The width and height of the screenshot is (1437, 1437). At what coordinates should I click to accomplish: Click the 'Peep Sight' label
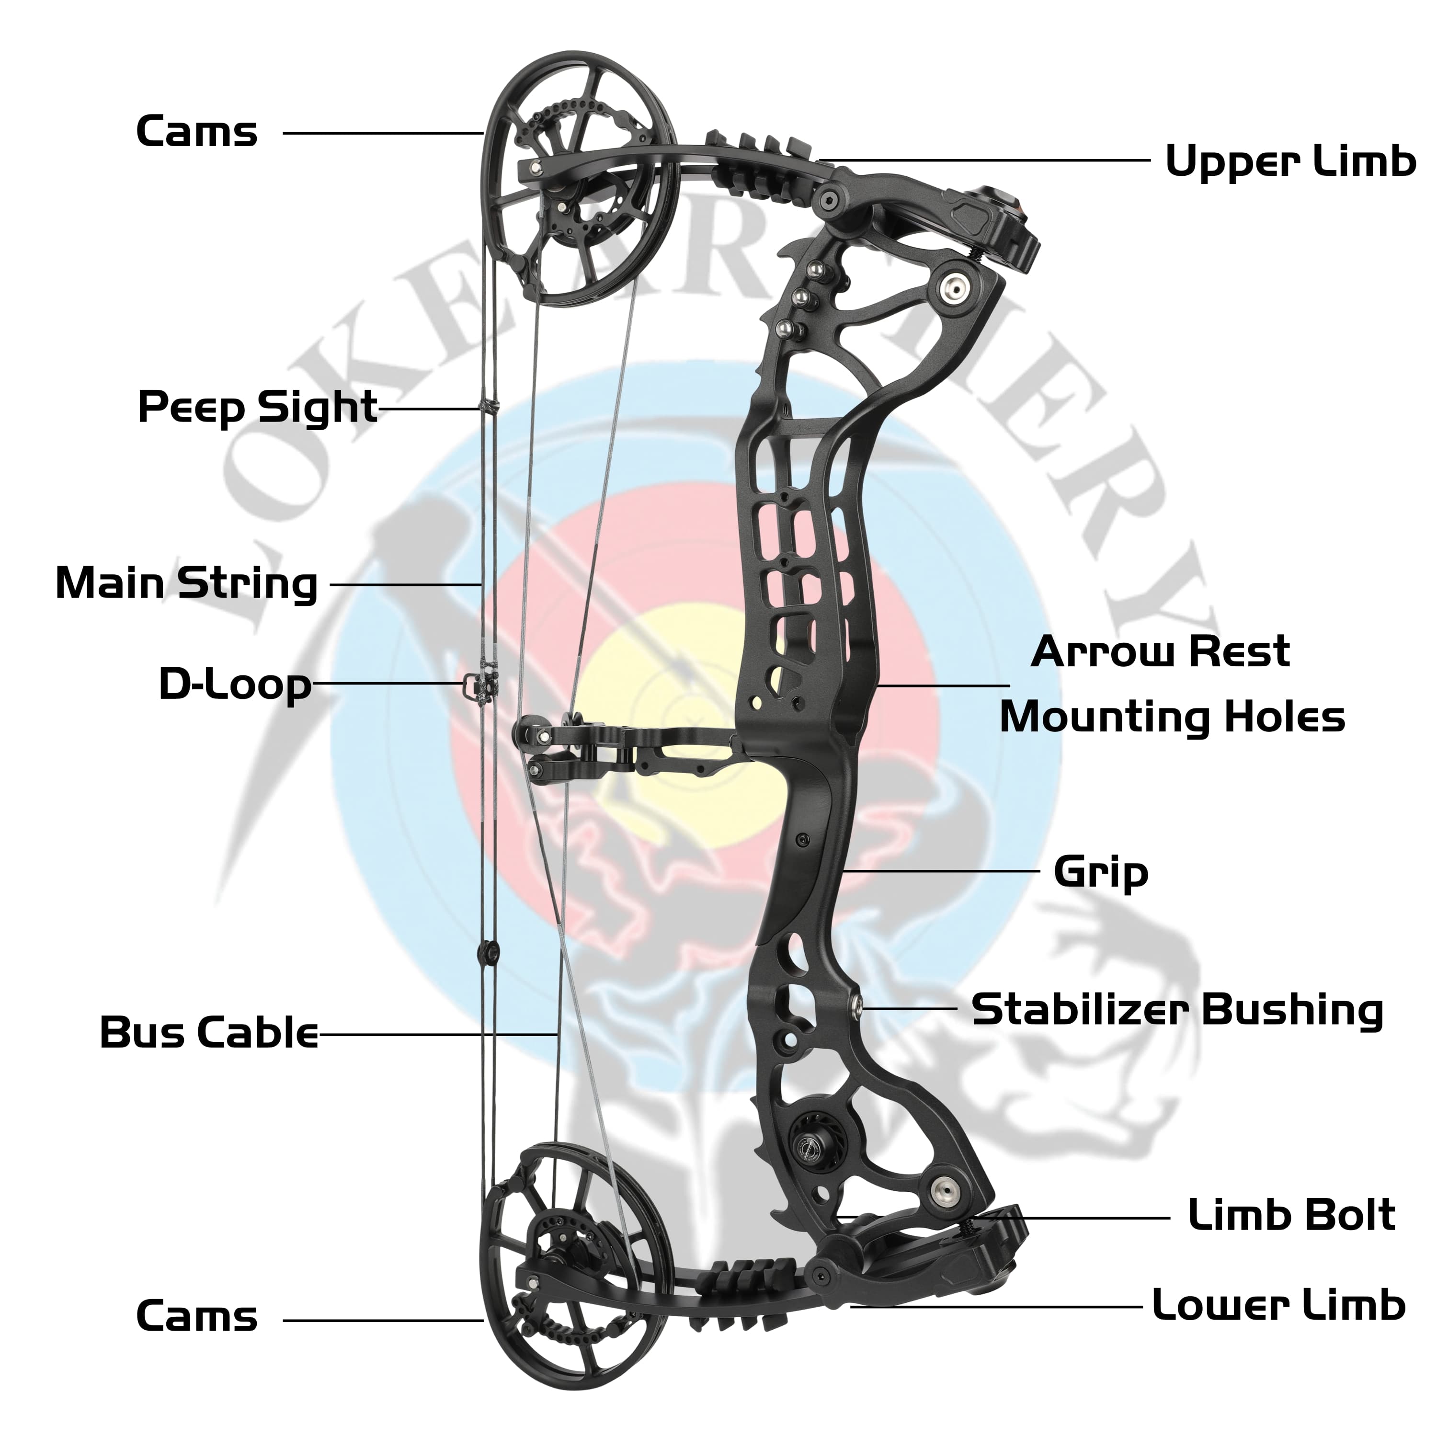point(257,408)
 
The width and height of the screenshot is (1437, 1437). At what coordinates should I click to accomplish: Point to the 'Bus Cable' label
point(209,1033)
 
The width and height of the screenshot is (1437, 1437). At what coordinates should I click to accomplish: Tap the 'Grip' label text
point(1101,872)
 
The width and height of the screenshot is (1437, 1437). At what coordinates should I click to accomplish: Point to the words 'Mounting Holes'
point(1172,718)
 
